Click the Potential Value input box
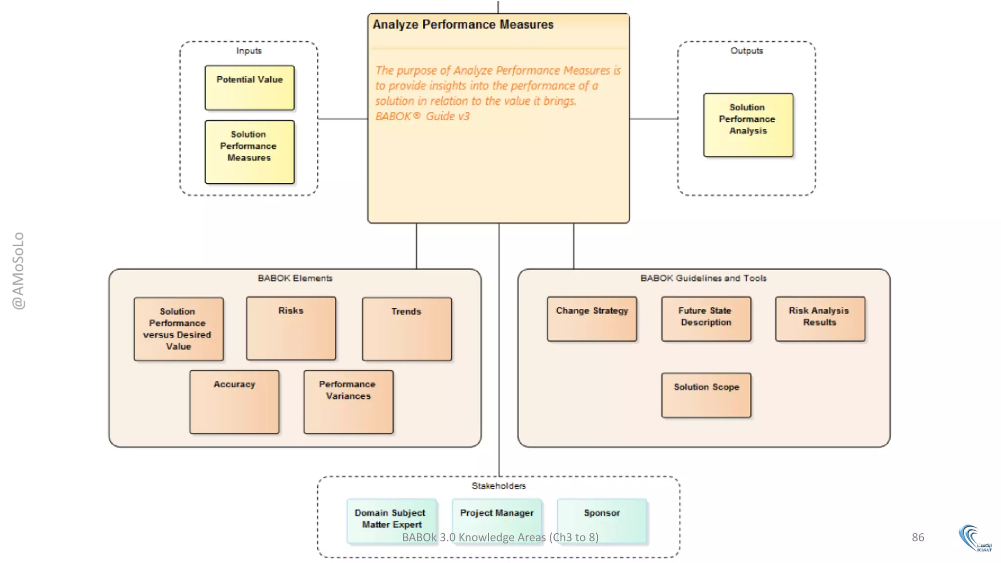pyautogui.click(x=249, y=87)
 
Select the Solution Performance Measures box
pyautogui.click(x=249, y=152)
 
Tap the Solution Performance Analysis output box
pyautogui.click(x=748, y=125)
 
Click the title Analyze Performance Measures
pyautogui.click(x=463, y=24)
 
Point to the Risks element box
pyautogui.click(x=291, y=328)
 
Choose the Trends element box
pyautogui.click(x=406, y=329)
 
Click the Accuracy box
pyautogui.click(x=234, y=402)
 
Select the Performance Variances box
pyautogui.click(x=348, y=402)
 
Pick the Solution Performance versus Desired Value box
pyautogui.click(x=178, y=329)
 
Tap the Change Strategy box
pyautogui.click(x=592, y=319)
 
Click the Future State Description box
pyautogui.click(x=706, y=319)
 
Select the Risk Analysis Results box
pyautogui.click(x=820, y=319)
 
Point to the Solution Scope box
pyautogui.click(x=706, y=395)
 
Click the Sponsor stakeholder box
pyautogui.click(x=602, y=520)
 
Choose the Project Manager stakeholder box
pyautogui.click(x=497, y=520)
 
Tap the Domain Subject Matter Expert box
pyautogui.click(x=391, y=520)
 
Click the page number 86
pyautogui.click(x=917, y=537)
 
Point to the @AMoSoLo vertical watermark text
pyautogui.click(x=18, y=270)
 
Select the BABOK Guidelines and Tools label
pyautogui.click(x=703, y=278)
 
